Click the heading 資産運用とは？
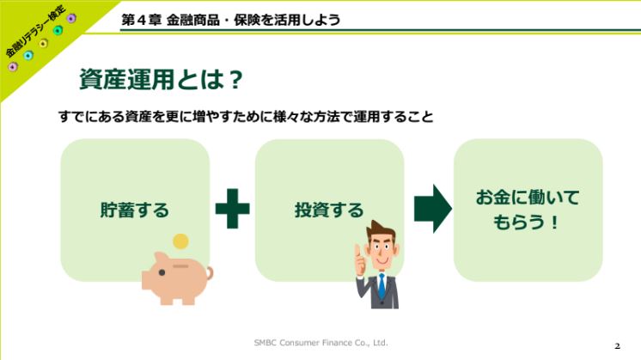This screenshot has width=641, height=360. (161, 79)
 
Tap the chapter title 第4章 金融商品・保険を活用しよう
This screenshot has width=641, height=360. (230, 20)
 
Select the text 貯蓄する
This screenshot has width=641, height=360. (135, 210)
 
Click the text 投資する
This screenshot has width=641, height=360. (329, 210)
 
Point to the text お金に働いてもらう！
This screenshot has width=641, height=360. (527, 210)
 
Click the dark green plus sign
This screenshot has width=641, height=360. (232, 209)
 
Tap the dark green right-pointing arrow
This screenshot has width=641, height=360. (433, 209)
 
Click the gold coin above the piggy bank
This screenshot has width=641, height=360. (180, 241)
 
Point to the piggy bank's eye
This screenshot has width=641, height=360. (162, 272)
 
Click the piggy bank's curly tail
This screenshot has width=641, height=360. (210, 273)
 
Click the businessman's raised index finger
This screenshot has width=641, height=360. (357, 250)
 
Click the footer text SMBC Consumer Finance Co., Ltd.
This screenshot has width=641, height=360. (320, 343)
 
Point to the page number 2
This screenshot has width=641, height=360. (617, 346)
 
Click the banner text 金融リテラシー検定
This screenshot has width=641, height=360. (35, 31)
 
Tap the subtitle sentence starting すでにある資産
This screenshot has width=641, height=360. (246, 117)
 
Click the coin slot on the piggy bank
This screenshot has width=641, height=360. (180, 266)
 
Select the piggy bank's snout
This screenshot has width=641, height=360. (145, 281)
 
